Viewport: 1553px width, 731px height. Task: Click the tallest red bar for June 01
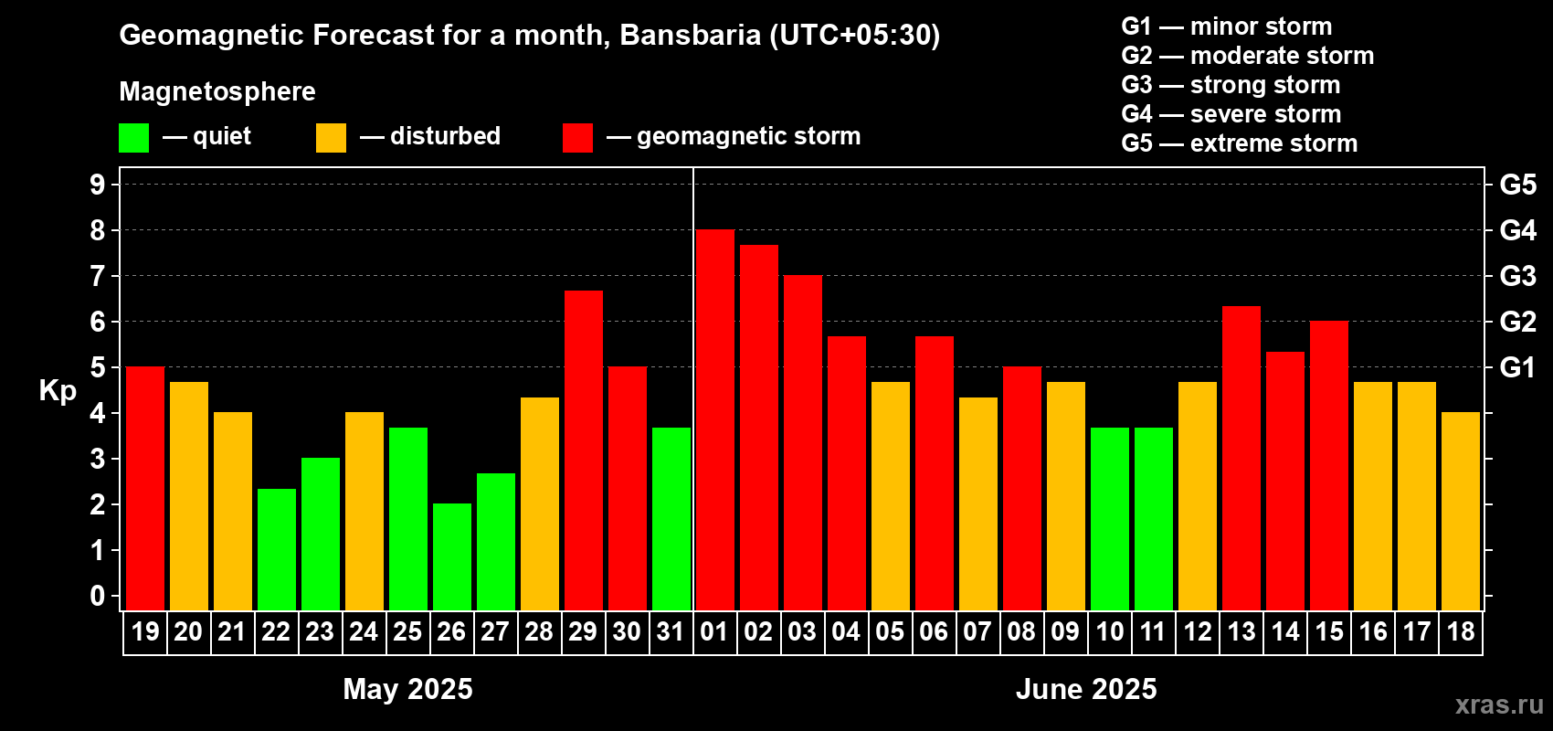(714, 420)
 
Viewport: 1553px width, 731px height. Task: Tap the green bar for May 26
(451, 556)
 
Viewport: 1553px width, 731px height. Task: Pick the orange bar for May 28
(539, 503)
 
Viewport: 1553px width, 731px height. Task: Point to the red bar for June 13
(1241, 458)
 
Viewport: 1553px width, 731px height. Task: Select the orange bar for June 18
(1460, 511)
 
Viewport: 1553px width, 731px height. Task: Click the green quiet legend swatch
(133, 138)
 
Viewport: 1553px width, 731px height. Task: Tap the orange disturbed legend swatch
(331, 138)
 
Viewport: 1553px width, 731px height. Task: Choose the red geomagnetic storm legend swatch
(577, 138)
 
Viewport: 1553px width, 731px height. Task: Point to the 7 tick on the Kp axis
(98, 276)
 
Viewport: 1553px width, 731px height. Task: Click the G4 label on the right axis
(1517, 230)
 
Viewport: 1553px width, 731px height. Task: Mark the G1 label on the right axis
(1517, 367)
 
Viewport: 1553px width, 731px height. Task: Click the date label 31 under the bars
(671, 632)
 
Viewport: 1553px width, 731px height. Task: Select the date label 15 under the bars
(1328, 632)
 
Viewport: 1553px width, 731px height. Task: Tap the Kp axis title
(58, 391)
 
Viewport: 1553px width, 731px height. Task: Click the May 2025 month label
(407, 689)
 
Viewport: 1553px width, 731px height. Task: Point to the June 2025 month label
(1086, 689)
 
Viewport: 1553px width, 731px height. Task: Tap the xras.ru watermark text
(1499, 705)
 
